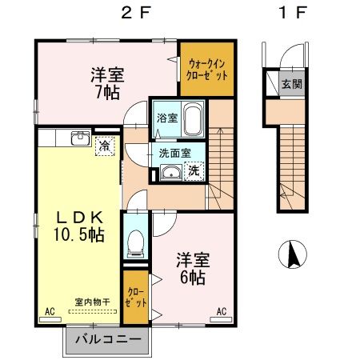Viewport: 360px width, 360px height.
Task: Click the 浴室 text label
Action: (165, 118)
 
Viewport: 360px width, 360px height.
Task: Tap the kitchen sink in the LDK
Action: (80, 141)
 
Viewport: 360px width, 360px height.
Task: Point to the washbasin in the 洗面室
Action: (170, 173)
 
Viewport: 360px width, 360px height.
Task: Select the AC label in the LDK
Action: (49, 310)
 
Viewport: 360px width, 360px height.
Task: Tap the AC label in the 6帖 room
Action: (222, 310)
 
